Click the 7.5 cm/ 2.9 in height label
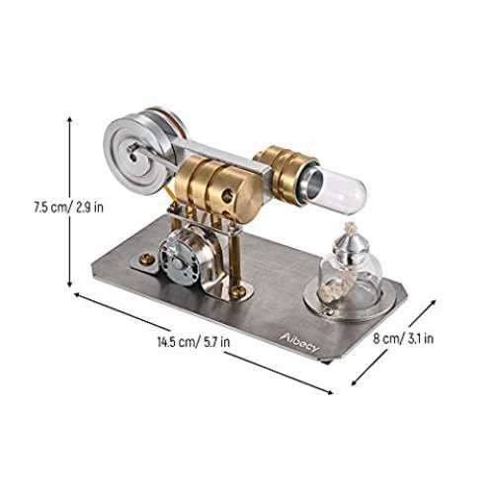point(68,207)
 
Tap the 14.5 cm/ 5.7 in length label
point(194,342)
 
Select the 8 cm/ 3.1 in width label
point(403,338)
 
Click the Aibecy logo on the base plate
point(300,343)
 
